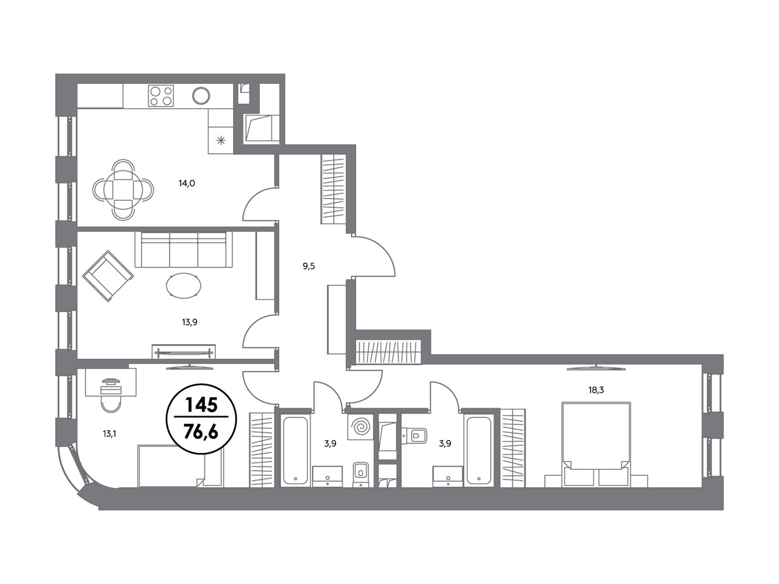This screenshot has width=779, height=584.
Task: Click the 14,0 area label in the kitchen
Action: click(187, 183)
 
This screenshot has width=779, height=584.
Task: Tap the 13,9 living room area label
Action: click(189, 322)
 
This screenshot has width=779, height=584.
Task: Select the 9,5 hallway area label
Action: click(308, 266)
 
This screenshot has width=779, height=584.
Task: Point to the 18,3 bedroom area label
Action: click(596, 390)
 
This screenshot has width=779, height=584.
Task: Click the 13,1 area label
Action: click(109, 434)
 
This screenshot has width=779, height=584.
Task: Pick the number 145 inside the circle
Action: click(201, 405)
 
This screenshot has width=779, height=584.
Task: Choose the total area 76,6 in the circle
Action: click(201, 431)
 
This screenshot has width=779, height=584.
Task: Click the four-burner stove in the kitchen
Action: click(161, 95)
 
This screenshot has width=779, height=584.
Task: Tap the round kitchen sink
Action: click(201, 95)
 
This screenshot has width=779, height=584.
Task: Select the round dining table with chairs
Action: click(123, 190)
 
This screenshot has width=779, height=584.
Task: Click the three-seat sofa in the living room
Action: click(183, 249)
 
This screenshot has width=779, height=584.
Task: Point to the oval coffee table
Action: click(184, 286)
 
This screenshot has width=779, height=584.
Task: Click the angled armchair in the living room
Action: click(108, 276)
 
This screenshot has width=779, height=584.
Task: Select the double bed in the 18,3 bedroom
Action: click(596, 444)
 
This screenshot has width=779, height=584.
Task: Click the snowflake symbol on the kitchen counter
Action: click(221, 141)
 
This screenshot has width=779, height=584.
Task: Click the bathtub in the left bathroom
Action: click(296, 450)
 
